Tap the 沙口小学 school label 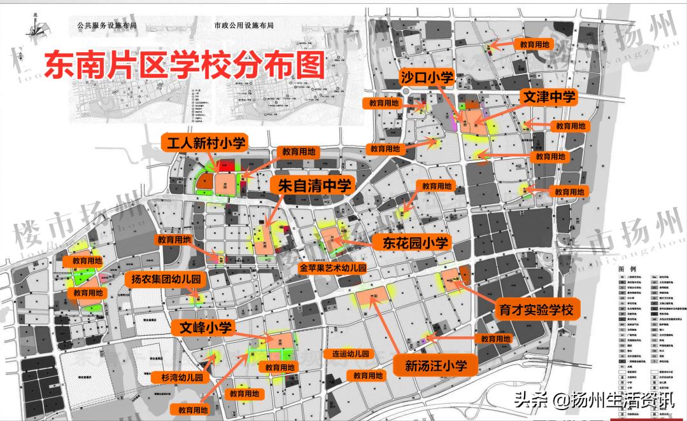tap(427, 78)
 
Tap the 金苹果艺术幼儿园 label tap(334, 268)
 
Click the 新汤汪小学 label tap(436, 365)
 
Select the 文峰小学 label tap(204, 328)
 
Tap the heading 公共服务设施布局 tap(107, 26)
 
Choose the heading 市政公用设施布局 tap(243, 26)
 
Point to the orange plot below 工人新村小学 tap(226, 184)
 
